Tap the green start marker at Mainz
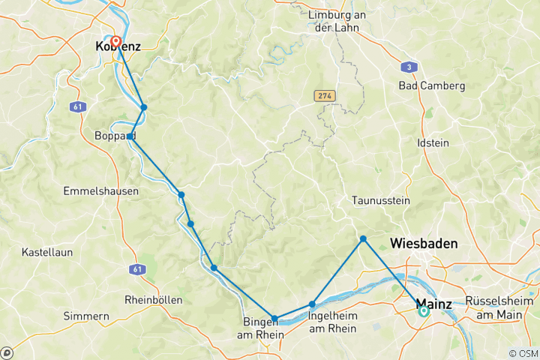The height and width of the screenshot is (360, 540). [x=423, y=310]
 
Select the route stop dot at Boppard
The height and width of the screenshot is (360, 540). [x=130, y=136]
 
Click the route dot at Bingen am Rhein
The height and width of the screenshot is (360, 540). [x=275, y=319]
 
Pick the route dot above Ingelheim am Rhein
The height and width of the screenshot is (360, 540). [x=312, y=304]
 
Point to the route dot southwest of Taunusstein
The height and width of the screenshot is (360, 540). [x=363, y=239]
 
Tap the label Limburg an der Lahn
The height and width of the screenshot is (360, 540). [x=334, y=21]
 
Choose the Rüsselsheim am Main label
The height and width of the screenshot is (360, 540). [x=500, y=307]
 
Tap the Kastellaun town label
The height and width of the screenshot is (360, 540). [x=47, y=252]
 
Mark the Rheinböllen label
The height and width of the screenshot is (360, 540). [x=154, y=299]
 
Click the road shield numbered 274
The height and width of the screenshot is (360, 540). [x=324, y=96]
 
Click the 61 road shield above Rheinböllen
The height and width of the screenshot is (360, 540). [x=136, y=268]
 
